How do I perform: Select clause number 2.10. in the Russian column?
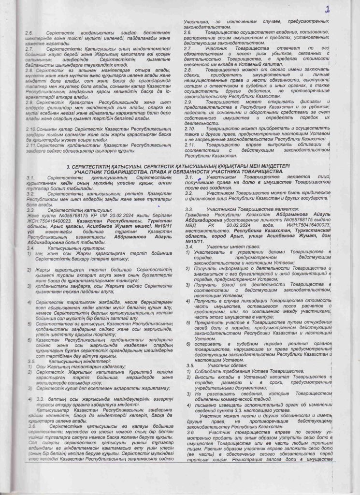coord(191,128)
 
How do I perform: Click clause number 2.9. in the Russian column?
coord(190,102)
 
